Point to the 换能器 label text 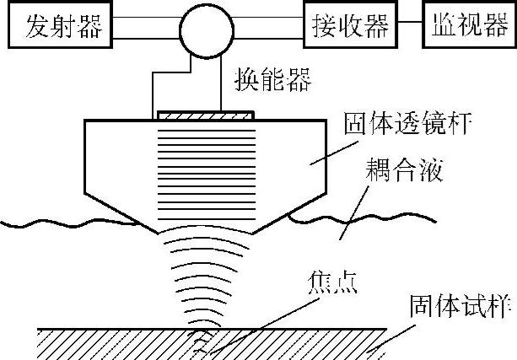272,83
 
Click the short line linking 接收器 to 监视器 412,26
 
